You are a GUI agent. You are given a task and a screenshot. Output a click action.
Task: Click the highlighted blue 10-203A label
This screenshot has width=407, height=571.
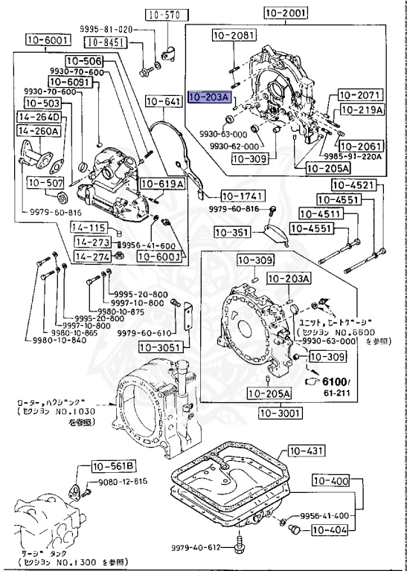click(x=210, y=97)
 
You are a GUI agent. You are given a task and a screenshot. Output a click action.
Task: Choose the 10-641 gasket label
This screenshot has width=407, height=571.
click(x=163, y=101)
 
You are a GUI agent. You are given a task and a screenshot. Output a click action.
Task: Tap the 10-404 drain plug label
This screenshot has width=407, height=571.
click(x=329, y=530)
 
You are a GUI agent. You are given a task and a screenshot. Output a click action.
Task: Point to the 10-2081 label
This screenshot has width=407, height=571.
click(x=232, y=35)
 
